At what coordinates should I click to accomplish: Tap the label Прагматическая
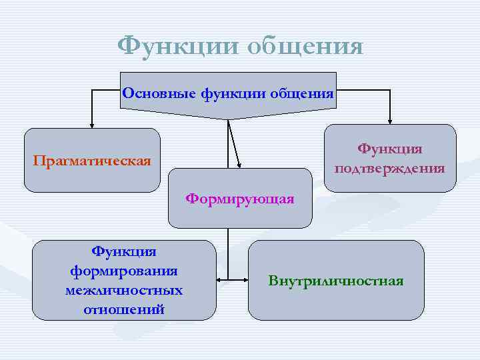[93, 161]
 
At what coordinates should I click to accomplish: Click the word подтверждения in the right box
[390, 167]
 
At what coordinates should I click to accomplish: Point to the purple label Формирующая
[240, 199]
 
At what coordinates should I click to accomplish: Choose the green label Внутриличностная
[336, 280]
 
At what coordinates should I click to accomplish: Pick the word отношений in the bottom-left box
[124, 309]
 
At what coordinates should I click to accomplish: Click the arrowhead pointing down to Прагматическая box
[93, 123]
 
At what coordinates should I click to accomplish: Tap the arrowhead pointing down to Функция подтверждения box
[390, 120]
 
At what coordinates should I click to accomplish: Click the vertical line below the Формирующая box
[228, 250]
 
